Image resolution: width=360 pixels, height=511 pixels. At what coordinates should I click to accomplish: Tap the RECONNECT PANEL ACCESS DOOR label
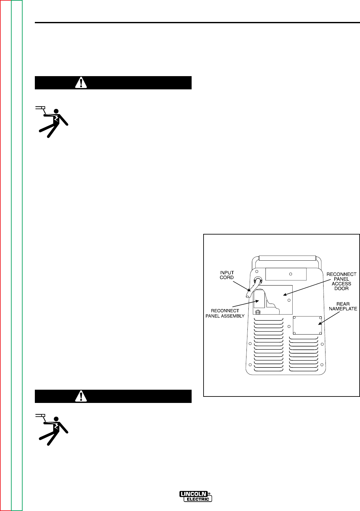342,281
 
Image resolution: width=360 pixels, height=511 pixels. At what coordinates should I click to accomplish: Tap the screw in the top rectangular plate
290,274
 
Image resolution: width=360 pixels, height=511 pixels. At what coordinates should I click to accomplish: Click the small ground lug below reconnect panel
258,312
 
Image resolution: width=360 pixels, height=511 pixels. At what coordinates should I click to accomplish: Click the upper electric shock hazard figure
52,122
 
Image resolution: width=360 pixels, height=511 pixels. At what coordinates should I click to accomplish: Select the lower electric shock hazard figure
52,429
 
